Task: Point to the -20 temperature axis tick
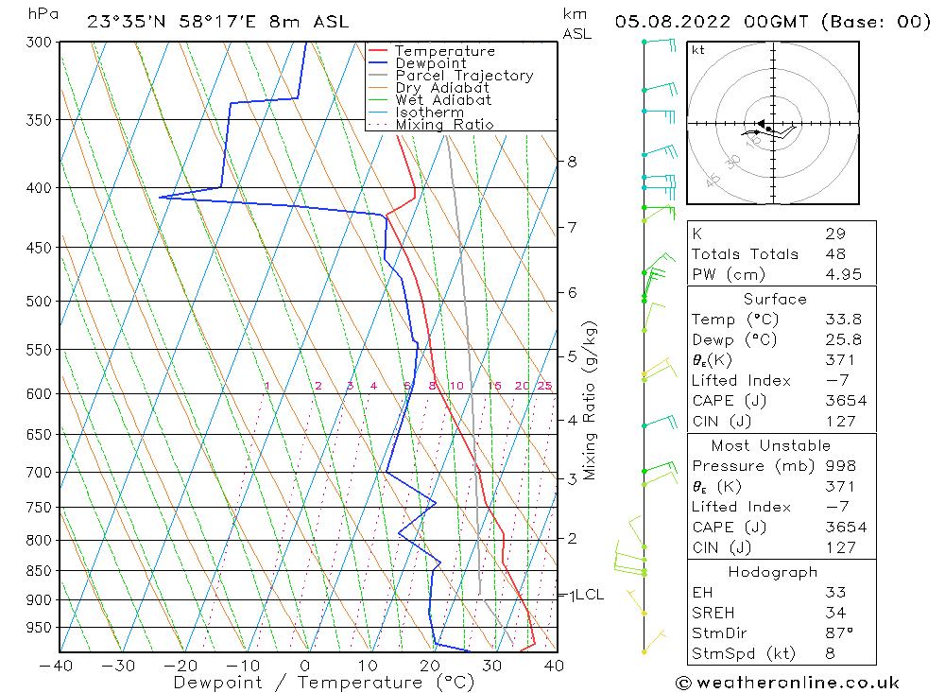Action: (181, 666)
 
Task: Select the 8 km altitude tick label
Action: (572, 162)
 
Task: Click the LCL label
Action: (588, 595)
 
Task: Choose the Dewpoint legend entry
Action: (430, 63)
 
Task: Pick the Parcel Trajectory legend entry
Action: (463, 76)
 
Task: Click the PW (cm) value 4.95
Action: (838, 274)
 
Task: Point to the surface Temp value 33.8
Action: (838, 320)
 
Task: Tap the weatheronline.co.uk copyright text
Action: (787, 683)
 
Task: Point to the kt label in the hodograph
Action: (698, 50)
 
